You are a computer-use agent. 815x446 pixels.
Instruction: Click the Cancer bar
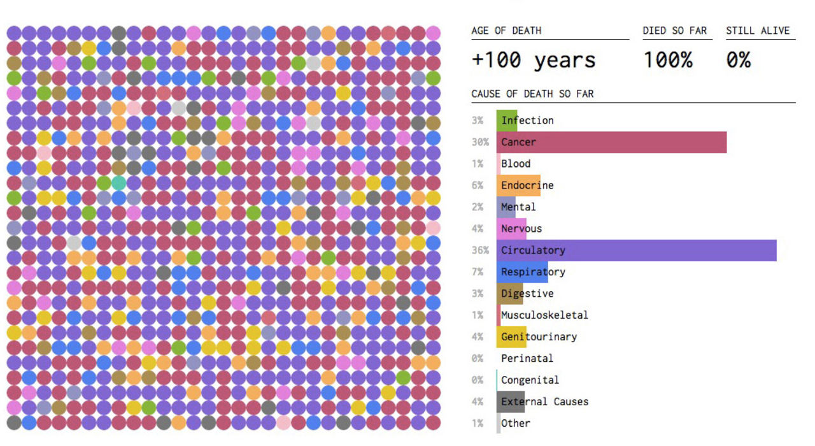click(x=611, y=142)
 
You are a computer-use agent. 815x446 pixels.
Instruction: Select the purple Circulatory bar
click(x=637, y=250)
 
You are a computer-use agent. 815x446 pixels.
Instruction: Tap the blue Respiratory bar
click(x=522, y=272)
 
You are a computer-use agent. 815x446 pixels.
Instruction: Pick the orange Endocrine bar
click(x=518, y=185)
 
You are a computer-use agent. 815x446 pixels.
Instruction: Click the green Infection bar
click(x=507, y=120)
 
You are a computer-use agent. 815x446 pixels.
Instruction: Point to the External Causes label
click(x=544, y=401)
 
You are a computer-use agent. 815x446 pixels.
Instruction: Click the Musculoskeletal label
click(x=544, y=315)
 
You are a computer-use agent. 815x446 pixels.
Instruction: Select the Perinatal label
click(x=527, y=358)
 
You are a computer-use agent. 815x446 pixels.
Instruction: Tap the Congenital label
click(x=530, y=380)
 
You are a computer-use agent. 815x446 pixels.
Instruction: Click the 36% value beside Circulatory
click(x=480, y=250)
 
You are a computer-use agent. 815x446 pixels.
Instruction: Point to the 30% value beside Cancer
click(x=480, y=142)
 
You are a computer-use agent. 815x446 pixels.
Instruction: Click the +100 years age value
click(x=534, y=61)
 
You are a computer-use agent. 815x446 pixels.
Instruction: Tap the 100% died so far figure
click(x=667, y=61)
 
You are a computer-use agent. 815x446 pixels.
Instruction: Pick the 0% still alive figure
click(x=739, y=61)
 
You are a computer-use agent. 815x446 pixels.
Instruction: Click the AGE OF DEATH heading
click(x=506, y=31)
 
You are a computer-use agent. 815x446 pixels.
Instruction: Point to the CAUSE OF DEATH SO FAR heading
click(x=532, y=94)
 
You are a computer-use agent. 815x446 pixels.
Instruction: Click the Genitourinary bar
click(x=511, y=336)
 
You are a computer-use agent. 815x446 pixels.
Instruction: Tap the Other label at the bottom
click(x=515, y=423)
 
